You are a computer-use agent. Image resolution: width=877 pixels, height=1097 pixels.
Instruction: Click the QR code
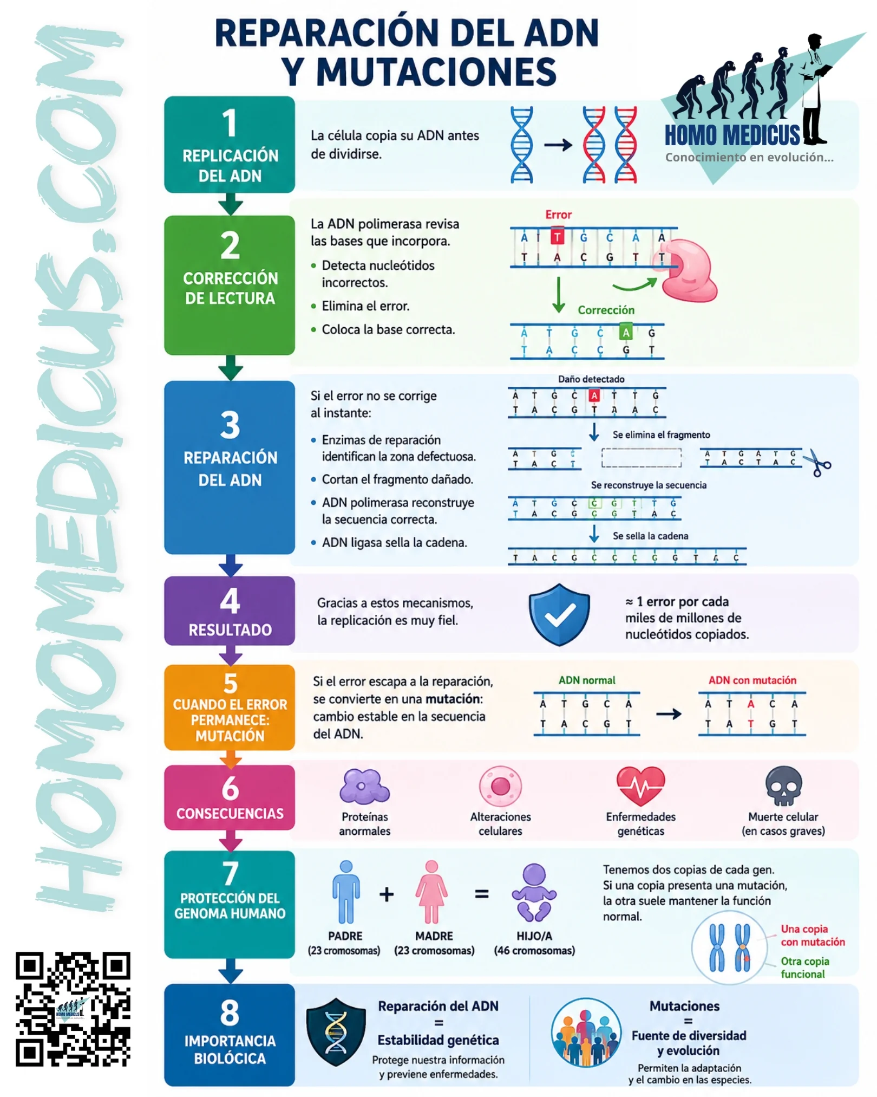pyautogui.click(x=73, y=1009)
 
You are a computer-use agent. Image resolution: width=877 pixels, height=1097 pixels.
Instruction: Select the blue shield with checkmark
pyautogui.click(x=559, y=614)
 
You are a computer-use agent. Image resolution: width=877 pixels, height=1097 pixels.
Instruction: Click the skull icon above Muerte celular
pyautogui.click(x=783, y=786)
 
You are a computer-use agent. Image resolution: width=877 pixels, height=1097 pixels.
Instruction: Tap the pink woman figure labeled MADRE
pyautogui.click(x=431, y=892)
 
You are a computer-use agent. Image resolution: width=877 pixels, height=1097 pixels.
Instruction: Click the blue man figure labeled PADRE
pyautogui.click(x=346, y=892)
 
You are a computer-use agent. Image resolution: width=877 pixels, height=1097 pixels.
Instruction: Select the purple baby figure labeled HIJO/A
pyautogui.click(x=534, y=893)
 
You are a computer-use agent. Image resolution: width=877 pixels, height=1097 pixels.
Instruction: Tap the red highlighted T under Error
pyautogui.click(x=557, y=237)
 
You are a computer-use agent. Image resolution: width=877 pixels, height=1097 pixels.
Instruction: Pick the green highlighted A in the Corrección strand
pyautogui.click(x=626, y=332)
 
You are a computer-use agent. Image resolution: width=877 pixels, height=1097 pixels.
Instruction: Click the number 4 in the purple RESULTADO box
pyautogui.click(x=230, y=601)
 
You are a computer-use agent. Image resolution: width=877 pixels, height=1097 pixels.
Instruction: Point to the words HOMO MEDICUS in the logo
pyautogui.click(x=732, y=135)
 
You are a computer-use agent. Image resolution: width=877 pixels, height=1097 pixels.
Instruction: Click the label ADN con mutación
pyautogui.click(x=752, y=680)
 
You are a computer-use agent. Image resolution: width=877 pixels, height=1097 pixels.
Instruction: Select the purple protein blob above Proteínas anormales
pyautogui.click(x=364, y=786)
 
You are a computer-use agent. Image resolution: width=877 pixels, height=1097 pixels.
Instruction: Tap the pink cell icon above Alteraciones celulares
pyautogui.click(x=500, y=786)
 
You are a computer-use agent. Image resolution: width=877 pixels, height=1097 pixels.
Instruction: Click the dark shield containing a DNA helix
pyautogui.click(x=336, y=1031)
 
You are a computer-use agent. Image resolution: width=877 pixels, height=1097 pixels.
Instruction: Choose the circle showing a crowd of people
pyautogui.click(x=586, y=1032)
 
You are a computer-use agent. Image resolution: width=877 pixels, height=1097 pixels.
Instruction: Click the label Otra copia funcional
pyautogui.click(x=805, y=967)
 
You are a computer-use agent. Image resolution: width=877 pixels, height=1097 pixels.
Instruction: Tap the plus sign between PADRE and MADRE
pyautogui.click(x=387, y=894)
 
